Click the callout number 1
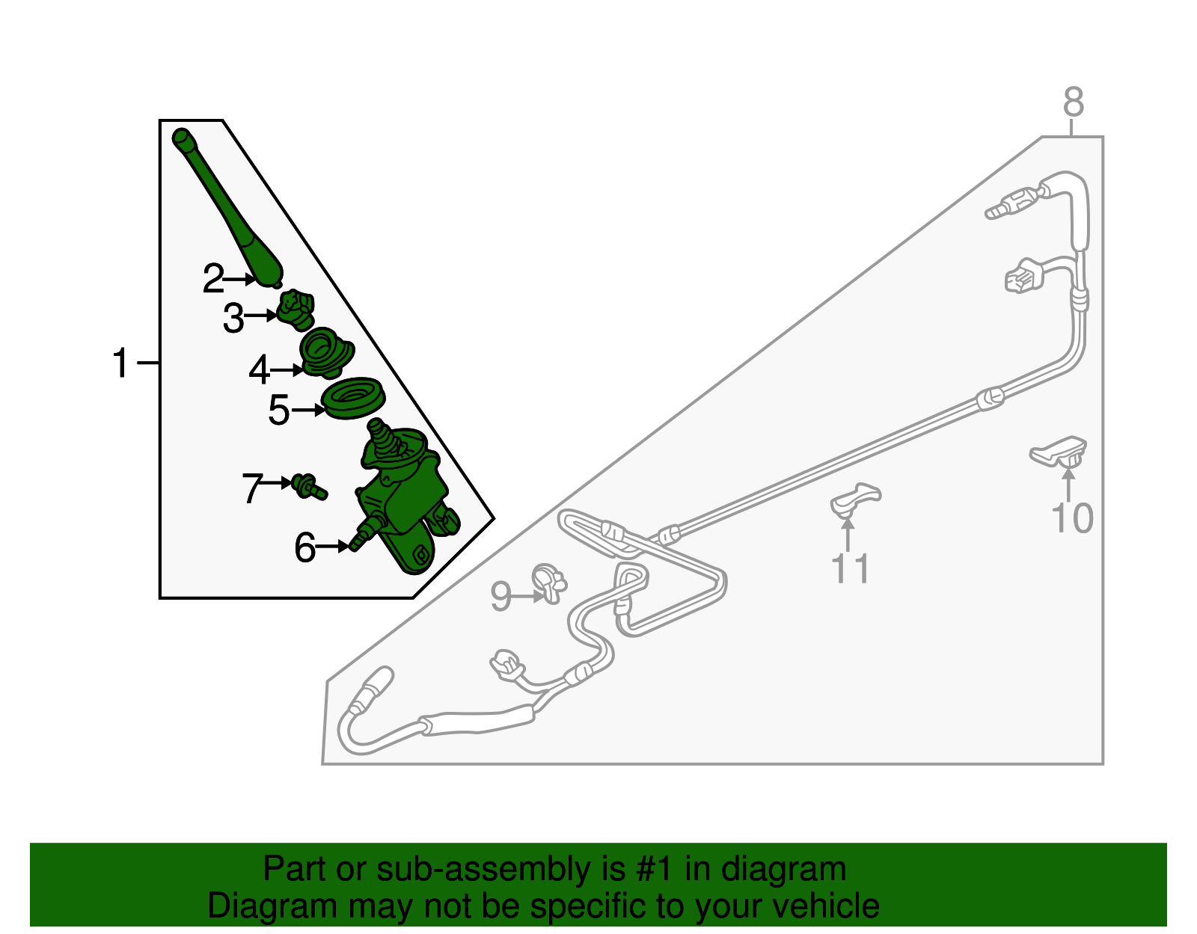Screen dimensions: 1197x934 pos(120,363)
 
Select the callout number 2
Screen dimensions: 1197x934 pos(214,278)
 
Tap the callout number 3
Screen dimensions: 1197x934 pos(233,318)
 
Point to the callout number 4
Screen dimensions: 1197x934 pos(260,369)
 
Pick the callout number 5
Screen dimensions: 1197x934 pos(279,410)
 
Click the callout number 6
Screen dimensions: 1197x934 pos(305,547)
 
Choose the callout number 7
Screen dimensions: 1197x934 pos(253,488)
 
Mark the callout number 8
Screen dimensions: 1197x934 pos(1074,102)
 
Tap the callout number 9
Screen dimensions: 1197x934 pos(500,596)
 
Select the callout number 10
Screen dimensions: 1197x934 pos(1072,518)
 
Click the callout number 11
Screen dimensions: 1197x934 pos(851,568)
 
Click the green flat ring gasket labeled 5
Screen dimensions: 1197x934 pos(353,398)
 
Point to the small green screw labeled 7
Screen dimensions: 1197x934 pos(309,487)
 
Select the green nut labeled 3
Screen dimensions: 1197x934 pos(296,310)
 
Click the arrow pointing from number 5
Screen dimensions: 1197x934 pos(308,410)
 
